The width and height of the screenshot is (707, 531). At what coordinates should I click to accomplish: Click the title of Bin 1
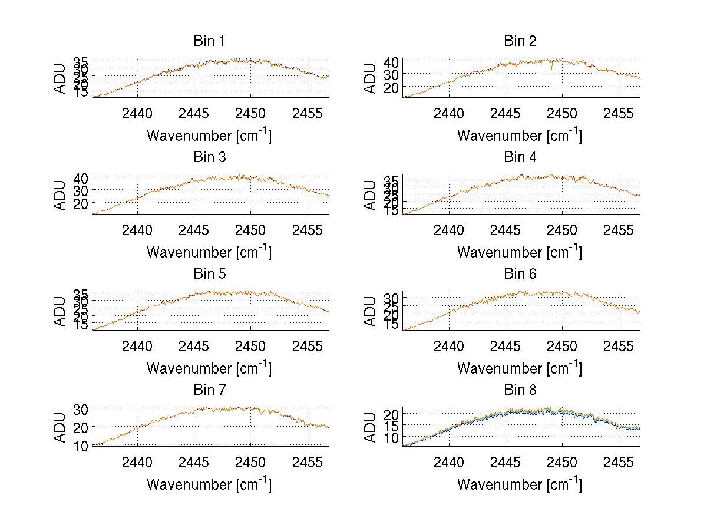coord(209,41)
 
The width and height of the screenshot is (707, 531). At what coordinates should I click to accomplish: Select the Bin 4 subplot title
coord(520,157)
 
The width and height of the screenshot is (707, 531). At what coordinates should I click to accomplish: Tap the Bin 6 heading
coord(520,274)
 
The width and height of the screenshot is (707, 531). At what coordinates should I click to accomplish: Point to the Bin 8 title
coord(520,390)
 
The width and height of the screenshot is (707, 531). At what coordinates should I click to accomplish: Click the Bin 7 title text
coord(209,390)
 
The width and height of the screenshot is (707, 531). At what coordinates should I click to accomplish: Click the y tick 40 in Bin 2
coord(392,61)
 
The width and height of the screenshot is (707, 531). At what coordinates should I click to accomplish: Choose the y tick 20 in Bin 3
coord(81,203)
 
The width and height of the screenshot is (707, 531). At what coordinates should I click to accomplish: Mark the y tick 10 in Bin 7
coord(81,446)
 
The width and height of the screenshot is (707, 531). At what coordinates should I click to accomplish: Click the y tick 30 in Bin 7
coord(81,408)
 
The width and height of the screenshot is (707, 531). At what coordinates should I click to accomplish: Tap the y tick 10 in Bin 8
coord(392,437)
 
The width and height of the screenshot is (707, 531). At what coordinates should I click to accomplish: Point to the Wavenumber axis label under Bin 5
coord(209,368)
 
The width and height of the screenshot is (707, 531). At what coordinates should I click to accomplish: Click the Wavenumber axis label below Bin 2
coord(520,136)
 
